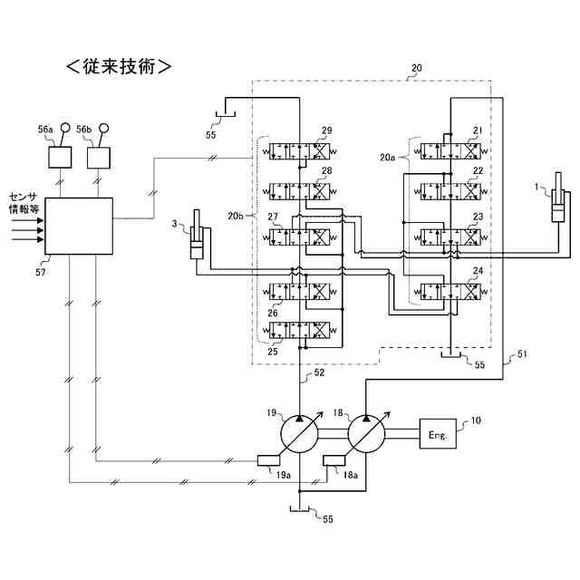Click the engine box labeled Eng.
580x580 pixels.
[x=438, y=433]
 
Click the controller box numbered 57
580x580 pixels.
[x=79, y=226]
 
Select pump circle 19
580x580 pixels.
[x=299, y=433]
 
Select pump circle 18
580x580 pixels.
[x=366, y=433]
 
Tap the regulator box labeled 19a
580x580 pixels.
[x=268, y=460]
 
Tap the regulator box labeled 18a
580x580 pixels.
[x=334, y=460]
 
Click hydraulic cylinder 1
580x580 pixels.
[x=558, y=198]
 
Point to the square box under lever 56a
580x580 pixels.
[x=60, y=158]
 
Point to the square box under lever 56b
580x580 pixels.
[x=99, y=158]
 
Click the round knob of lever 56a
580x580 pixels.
[x=65, y=128]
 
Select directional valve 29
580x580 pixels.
[x=299, y=151]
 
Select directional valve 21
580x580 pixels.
[x=451, y=151]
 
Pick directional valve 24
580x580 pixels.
[x=451, y=292]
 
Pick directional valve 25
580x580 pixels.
[x=299, y=330]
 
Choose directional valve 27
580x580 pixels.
[x=299, y=237]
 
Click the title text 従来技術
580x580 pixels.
[x=119, y=67]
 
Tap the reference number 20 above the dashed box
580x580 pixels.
[x=417, y=68]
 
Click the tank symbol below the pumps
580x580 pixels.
[x=299, y=509]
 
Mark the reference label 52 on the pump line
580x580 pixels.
[x=319, y=372]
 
